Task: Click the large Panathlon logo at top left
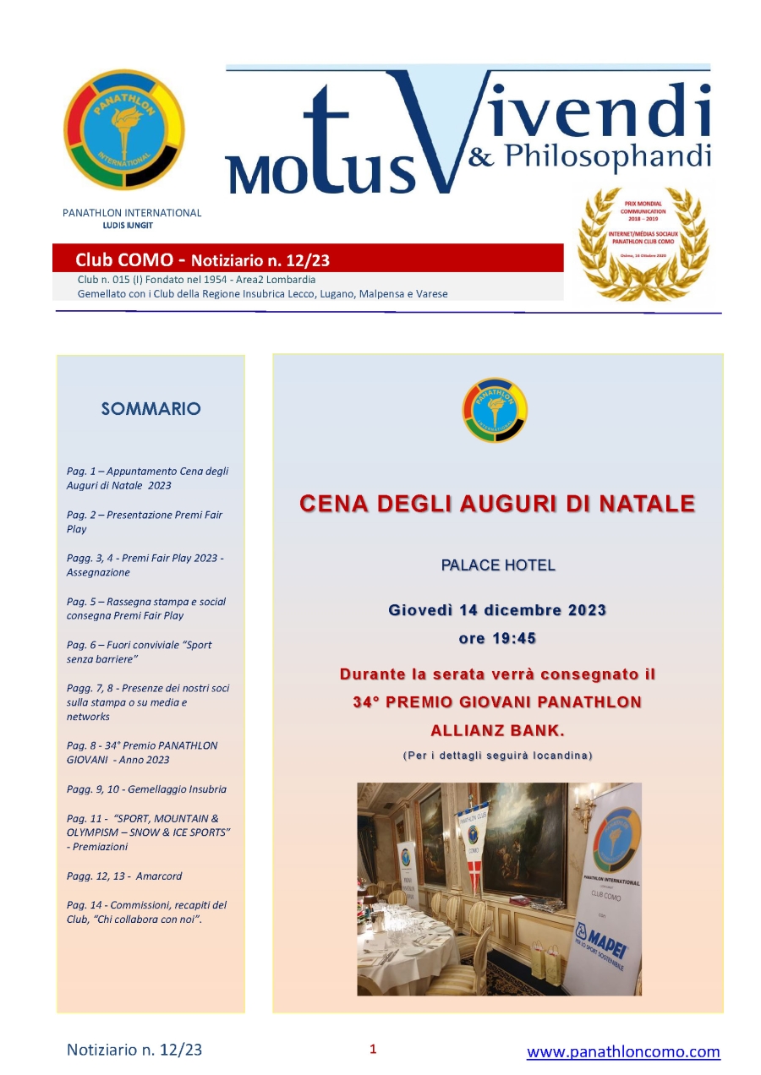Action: (123, 129)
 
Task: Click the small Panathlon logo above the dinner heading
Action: (495, 410)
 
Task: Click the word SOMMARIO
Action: (151, 409)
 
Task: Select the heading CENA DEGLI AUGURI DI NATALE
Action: (497, 505)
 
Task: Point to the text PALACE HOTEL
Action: (498, 565)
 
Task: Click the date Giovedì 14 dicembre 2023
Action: (497, 609)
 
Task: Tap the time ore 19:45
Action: (497, 638)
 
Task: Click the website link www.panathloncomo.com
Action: (623, 1052)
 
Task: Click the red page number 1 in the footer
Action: (373, 1050)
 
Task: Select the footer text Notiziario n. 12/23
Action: (134, 1050)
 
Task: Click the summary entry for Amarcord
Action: (124, 876)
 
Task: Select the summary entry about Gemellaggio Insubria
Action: (146, 789)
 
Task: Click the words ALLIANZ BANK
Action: (497, 729)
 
